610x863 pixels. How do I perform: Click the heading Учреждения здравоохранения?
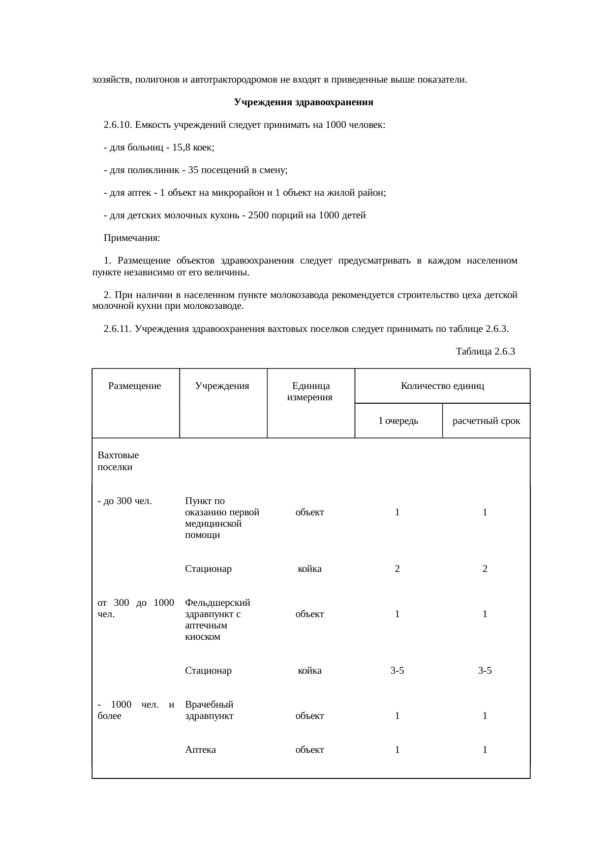[x=304, y=102]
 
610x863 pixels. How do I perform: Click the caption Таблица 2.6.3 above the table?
[x=485, y=352]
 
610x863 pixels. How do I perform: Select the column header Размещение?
[x=134, y=386]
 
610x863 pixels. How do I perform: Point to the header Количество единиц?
[x=442, y=386]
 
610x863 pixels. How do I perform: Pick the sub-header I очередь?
[x=398, y=421]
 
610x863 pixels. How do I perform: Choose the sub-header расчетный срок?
[x=486, y=421]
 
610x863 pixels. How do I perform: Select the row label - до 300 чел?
[x=124, y=501]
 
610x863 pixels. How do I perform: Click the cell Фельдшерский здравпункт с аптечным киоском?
[x=217, y=620]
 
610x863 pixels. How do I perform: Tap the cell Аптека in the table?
[x=201, y=750]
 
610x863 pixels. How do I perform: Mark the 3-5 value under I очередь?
[x=397, y=671]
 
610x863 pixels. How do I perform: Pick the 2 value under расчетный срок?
[x=485, y=569]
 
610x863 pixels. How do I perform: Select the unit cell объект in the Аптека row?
[x=309, y=750]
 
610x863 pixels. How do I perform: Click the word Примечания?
[x=132, y=238]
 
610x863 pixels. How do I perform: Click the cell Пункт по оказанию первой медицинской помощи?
[x=222, y=518]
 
